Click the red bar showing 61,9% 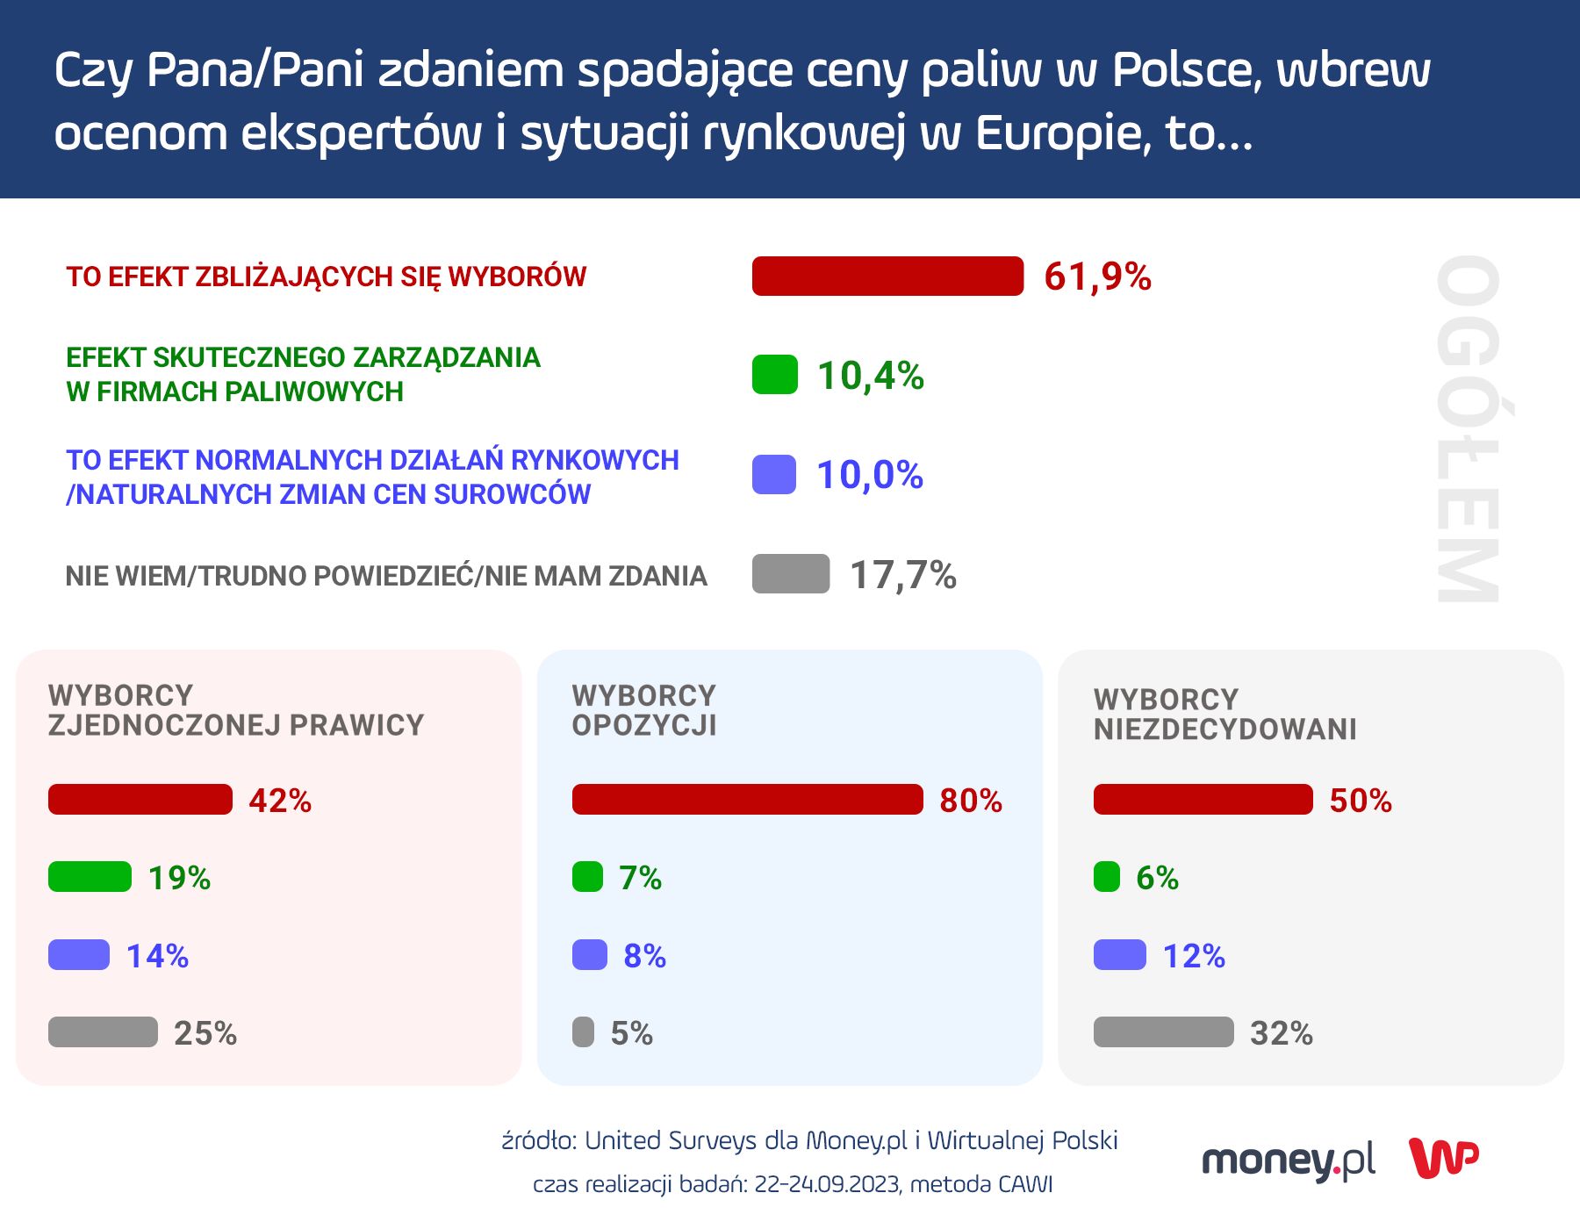[x=887, y=277]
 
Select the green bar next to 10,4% [x=774, y=375]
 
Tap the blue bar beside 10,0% [x=773, y=475]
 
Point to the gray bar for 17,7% [x=790, y=574]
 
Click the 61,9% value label [x=1097, y=277]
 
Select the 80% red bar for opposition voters [x=747, y=800]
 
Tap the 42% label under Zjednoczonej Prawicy [x=280, y=801]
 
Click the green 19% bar [x=90, y=877]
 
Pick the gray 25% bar [x=103, y=1032]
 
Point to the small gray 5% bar [x=583, y=1032]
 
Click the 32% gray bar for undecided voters [x=1163, y=1032]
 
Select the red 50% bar [x=1203, y=800]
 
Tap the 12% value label [x=1194, y=956]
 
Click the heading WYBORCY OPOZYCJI [x=644, y=710]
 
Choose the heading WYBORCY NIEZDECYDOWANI [x=1224, y=715]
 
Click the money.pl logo [x=1288, y=1161]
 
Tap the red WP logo [x=1444, y=1158]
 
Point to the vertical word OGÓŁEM [x=1468, y=429]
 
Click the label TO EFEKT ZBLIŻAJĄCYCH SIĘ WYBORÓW [x=326, y=277]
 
